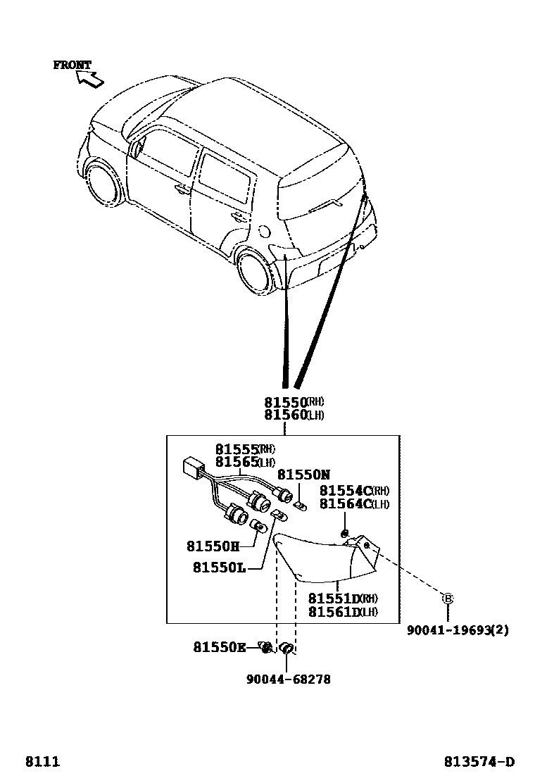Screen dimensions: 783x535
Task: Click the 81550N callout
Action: tap(303, 475)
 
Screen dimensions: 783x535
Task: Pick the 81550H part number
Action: tap(213, 546)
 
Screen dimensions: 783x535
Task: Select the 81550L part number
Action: tap(219, 568)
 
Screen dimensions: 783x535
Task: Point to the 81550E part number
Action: tap(220, 647)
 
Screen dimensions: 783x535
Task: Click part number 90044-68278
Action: tap(288, 679)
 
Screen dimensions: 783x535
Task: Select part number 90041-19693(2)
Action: tap(457, 630)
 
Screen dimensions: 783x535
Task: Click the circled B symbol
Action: tap(447, 599)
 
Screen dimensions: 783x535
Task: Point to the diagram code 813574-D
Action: tap(479, 761)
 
